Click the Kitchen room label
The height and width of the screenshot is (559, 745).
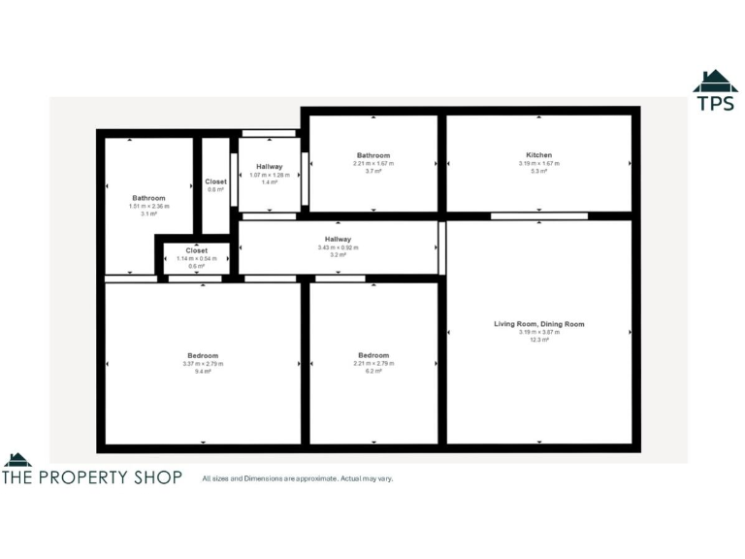(x=538, y=155)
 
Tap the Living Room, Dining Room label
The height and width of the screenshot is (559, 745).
(x=538, y=324)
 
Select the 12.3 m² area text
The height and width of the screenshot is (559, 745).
(x=538, y=340)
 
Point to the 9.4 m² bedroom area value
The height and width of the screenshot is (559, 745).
(x=203, y=371)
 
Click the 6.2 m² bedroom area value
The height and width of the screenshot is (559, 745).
(x=373, y=371)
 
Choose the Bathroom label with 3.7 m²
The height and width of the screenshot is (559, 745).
(x=373, y=155)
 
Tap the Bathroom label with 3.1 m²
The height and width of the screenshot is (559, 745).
(x=148, y=198)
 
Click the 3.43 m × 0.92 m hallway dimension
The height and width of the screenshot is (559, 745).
(x=338, y=247)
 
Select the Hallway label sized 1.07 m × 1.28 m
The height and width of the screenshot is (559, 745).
(x=269, y=167)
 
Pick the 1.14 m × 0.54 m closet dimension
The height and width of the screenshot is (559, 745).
(x=197, y=258)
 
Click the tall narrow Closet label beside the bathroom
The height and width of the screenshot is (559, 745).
(x=215, y=181)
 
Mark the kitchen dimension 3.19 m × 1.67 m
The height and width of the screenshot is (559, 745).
(x=538, y=164)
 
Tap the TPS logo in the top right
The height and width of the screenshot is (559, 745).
(x=715, y=92)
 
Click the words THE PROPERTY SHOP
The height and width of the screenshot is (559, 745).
(x=92, y=477)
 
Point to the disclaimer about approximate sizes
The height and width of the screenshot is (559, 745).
(x=297, y=478)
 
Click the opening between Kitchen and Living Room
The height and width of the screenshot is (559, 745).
(x=538, y=215)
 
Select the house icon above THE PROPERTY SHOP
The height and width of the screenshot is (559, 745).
(x=17, y=459)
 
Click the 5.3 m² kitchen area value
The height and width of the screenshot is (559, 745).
(x=538, y=172)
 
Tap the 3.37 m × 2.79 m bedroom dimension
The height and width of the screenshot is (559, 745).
(x=203, y=363)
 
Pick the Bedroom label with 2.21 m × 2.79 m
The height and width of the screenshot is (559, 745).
(x=373, y=355)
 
